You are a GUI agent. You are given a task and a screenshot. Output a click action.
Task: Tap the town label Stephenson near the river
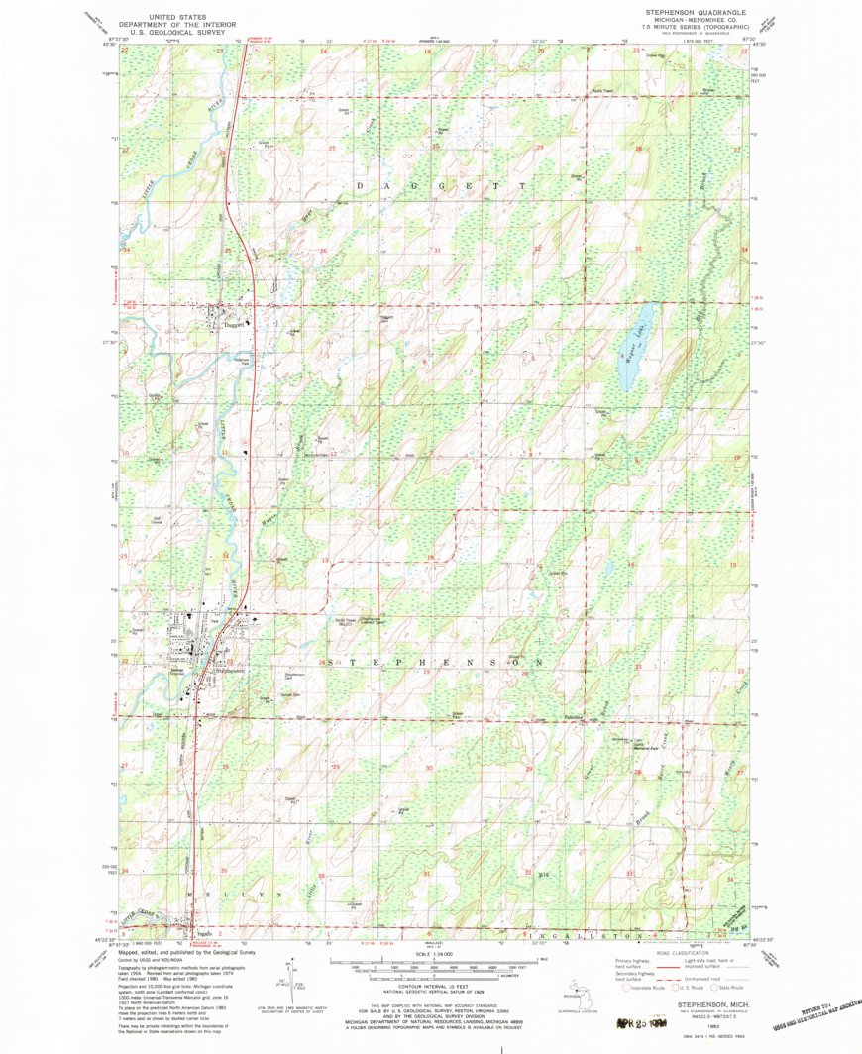coord(230,672)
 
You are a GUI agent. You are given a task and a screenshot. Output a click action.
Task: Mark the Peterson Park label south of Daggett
coord(244,362)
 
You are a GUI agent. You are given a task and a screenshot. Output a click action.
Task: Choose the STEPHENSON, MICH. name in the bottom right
coord(710,1003)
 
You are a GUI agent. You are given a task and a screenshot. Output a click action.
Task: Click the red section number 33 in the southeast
coord(630,873)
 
